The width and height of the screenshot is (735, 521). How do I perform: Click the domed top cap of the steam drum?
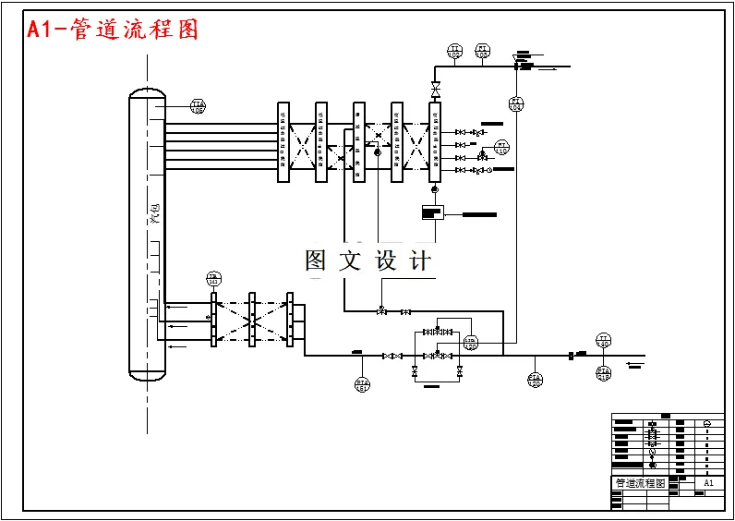146,93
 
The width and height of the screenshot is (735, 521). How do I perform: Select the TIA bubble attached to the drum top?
198,106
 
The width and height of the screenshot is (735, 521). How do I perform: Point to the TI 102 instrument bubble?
454,51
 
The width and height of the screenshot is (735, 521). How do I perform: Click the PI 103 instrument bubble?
482,51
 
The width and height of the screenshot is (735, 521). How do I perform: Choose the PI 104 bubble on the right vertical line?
516,103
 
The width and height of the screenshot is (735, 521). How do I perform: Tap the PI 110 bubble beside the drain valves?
501,147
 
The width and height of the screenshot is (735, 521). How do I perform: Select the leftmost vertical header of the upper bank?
283,142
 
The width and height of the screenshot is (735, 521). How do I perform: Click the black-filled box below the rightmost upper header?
429,213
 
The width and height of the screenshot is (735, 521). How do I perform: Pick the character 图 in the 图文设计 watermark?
316,261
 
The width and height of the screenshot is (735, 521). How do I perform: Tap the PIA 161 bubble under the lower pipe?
362,383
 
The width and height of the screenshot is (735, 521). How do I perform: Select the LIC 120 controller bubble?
470,343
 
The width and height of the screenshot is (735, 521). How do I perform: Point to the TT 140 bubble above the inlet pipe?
603,341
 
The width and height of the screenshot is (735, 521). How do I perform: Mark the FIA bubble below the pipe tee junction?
535,379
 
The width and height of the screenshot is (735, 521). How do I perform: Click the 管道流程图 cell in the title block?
640,483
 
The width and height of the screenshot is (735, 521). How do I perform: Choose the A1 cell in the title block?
708,483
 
